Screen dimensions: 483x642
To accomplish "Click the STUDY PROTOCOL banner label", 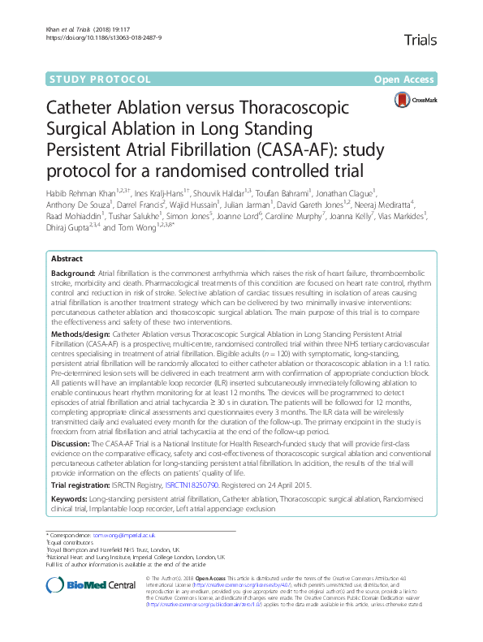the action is pyautogui.click(x=101, y=80).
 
